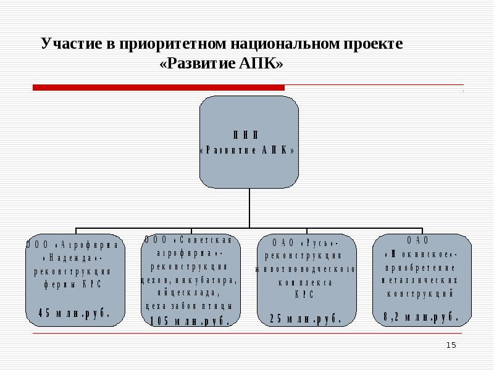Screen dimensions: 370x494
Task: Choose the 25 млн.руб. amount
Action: click(305, 318)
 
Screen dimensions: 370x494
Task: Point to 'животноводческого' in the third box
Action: click(305, 269)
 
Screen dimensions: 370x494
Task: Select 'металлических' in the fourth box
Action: click(421, 281)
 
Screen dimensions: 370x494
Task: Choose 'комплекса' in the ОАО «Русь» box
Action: click(305, 282)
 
